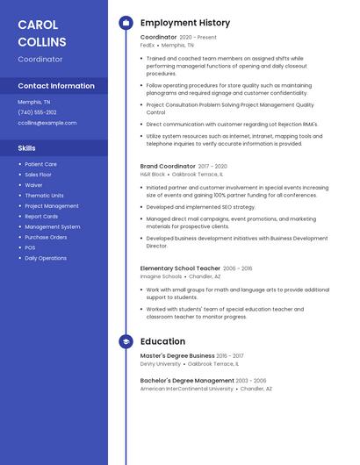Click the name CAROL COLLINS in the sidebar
42,32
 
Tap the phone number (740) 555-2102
37,112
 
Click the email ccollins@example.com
47,123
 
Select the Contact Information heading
56,86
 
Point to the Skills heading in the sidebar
26,148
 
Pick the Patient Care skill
40,164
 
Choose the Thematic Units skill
44,196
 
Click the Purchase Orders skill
46,237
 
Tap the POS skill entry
30,247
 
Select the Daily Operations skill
46,258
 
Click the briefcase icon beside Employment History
126,23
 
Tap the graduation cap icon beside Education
126,341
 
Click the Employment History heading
185,23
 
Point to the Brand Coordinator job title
168,166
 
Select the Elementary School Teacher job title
180,268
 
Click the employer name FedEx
148,45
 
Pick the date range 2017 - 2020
212,166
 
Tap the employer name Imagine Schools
161,276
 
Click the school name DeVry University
161,363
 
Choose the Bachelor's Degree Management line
187,381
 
